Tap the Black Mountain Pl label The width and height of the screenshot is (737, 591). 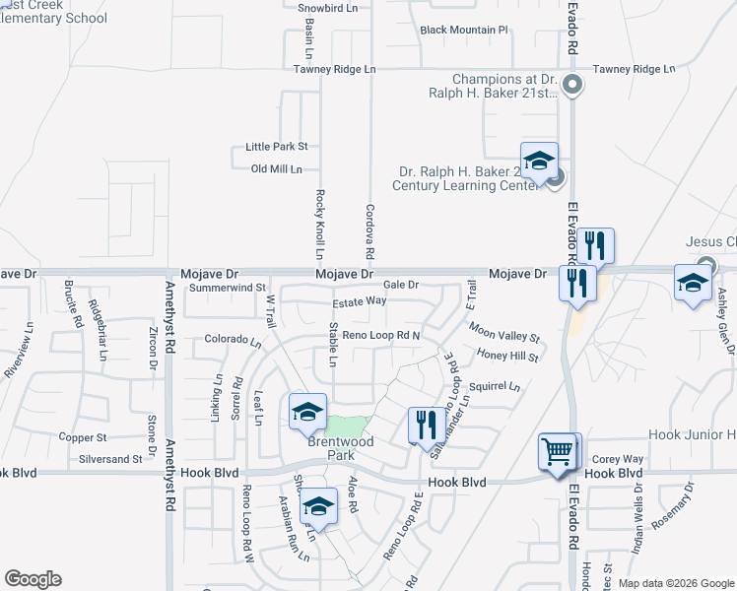tap(464, 31)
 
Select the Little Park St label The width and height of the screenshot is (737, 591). tap(277, 147)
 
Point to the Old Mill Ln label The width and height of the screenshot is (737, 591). tap(277, 169)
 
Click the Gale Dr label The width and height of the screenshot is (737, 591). tap(402, 285)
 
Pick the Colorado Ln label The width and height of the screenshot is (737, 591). tap(233, 341)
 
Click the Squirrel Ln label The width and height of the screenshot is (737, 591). tap(494, 387)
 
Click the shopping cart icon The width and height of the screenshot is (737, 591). tap(559, 452)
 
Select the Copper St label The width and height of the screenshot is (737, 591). tap(83, 436)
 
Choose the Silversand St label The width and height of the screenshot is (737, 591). tap(109, 459)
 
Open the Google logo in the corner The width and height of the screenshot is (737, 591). tap(33, 579)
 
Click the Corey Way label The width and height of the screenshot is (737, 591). tap(618, 459)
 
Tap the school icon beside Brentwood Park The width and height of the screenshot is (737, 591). tap(306, 413)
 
